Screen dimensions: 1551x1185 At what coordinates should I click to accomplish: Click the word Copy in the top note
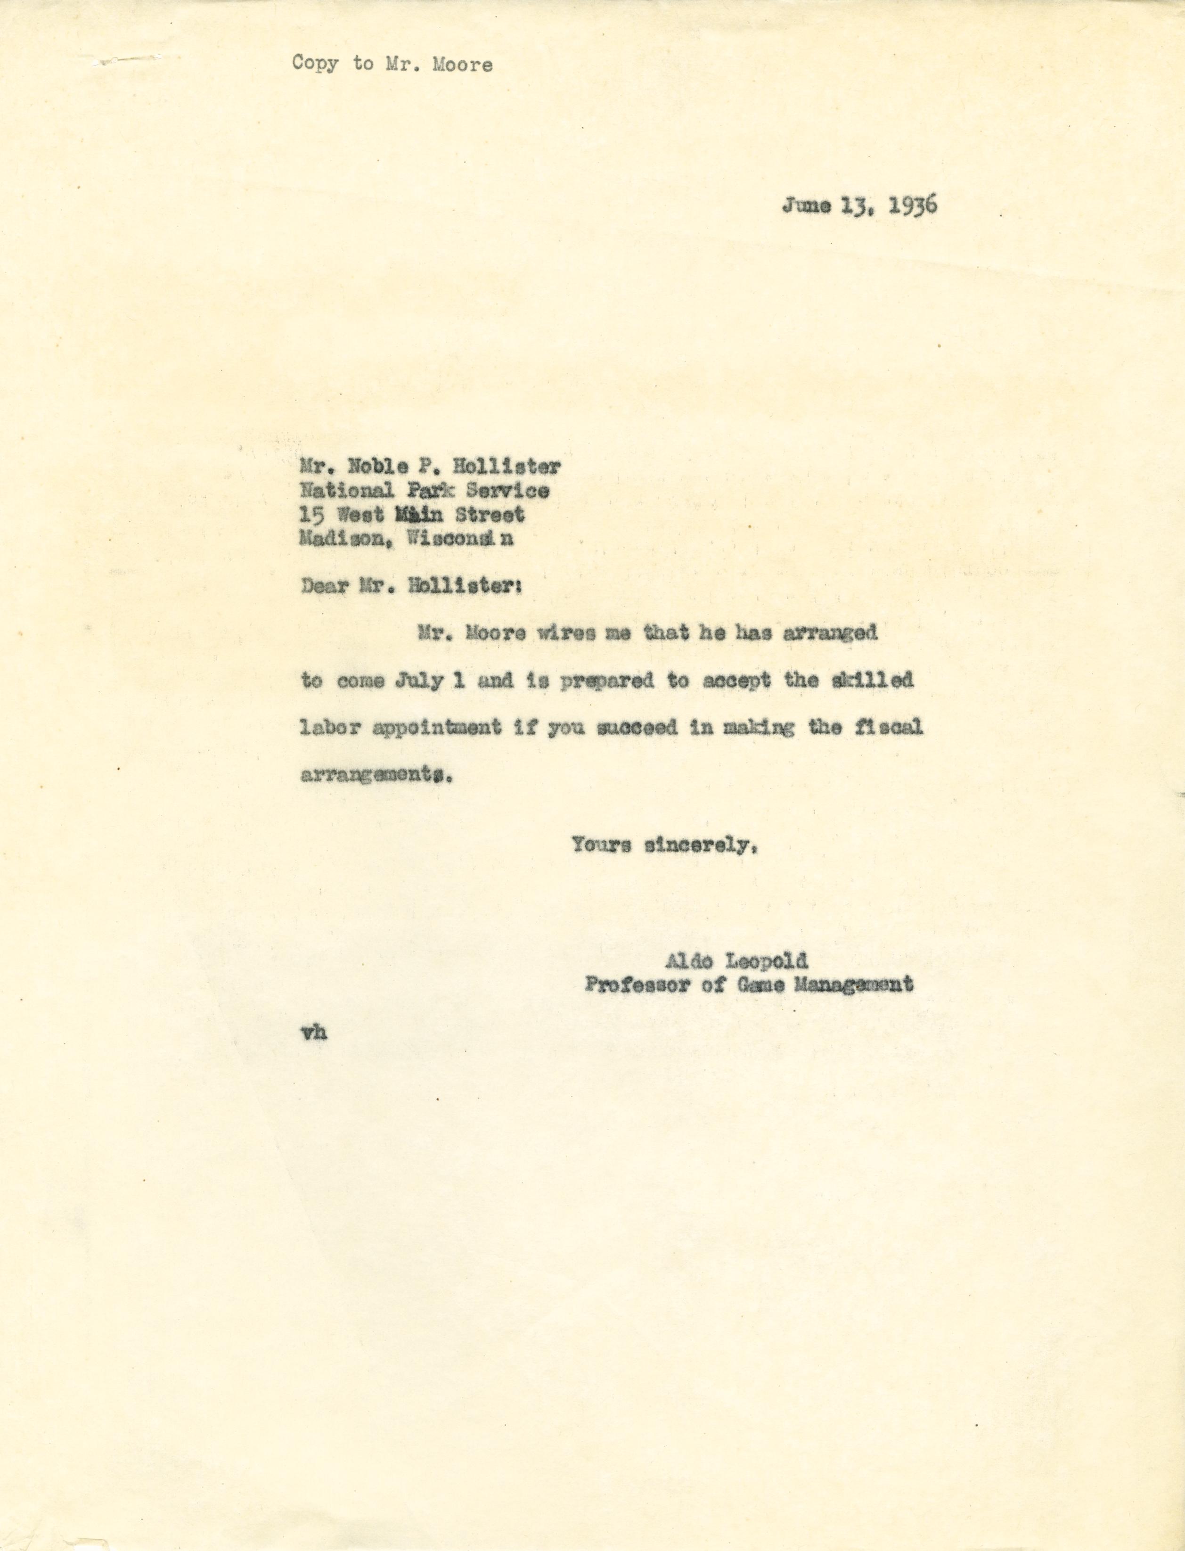[x=315, y=64]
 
